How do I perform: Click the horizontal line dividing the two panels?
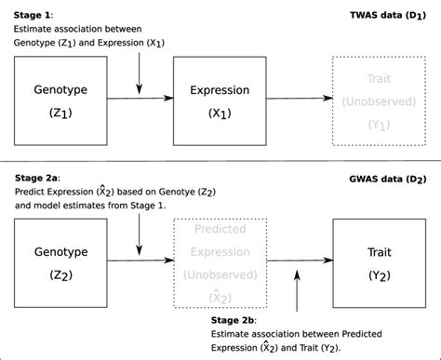tap(220, 162)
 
